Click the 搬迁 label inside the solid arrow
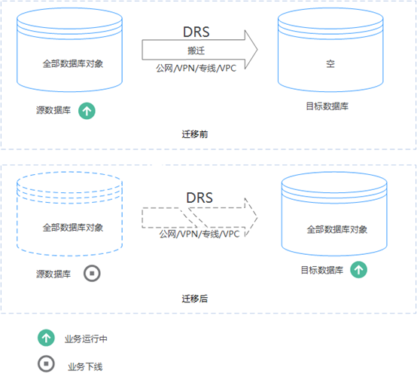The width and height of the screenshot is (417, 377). [196, 51]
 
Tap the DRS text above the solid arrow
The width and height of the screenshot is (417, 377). [196, 32]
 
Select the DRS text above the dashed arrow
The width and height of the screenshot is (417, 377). [199, 198]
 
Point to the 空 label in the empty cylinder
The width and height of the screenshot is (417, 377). [330, 64]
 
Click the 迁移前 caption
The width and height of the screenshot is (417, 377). [195, 134]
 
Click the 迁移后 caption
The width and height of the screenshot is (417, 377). [195, 299]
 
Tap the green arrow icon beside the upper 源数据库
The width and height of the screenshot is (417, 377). [87, 111]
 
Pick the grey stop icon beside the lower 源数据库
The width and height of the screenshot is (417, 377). [92, 274]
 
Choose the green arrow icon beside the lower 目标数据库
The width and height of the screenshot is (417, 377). [358, 270]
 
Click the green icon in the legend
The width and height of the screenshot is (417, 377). [46, 338]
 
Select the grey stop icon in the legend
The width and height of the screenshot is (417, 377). [46, 363]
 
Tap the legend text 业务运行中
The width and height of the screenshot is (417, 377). [86, 339]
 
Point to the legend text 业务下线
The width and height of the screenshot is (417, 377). [85, 367]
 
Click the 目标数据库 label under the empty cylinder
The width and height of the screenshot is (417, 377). [327, 106]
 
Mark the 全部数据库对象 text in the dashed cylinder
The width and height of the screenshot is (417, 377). [73, 228]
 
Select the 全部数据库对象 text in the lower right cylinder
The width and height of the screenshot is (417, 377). [337, 229]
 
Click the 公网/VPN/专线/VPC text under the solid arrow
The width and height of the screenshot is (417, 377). [196, 69]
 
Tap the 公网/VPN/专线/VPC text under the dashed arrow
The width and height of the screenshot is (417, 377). [199, 234]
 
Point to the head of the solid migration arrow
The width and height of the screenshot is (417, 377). [257, 50]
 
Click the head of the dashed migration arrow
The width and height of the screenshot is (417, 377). [257, 217]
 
